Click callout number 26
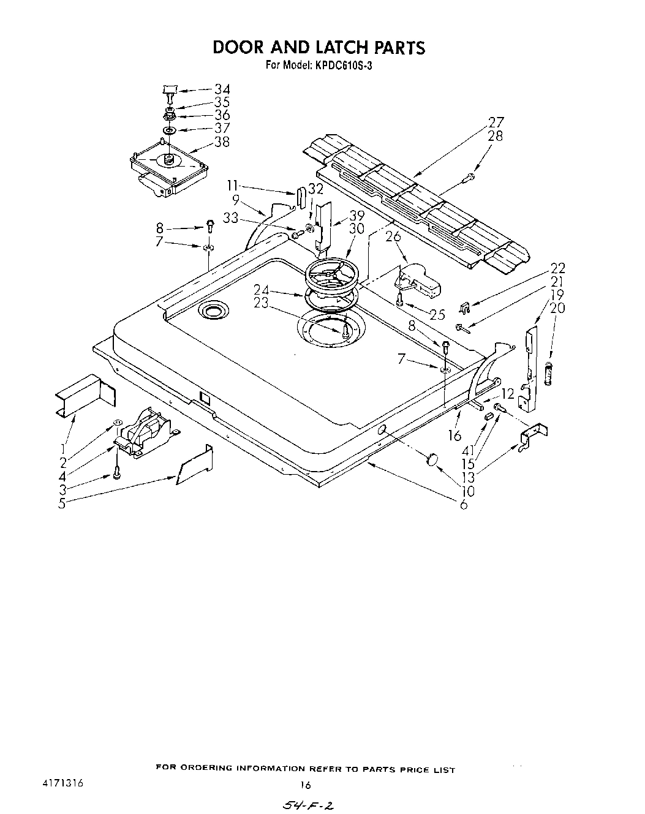point(393,236)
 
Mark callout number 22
point(557,268)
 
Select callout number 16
point(454,435)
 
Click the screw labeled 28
point(469,178)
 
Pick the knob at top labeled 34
point(169,91)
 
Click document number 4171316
point(63,784)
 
